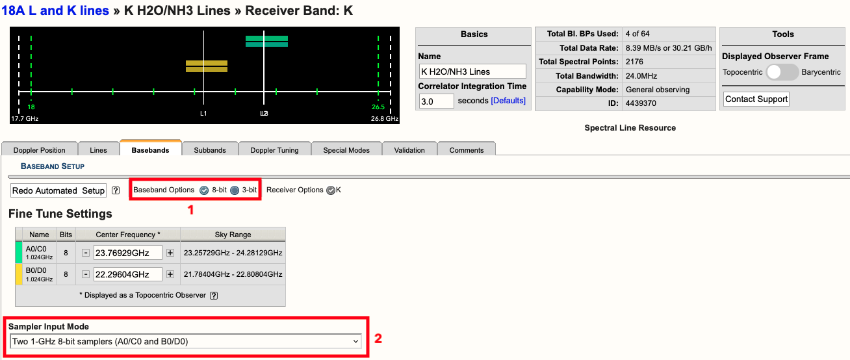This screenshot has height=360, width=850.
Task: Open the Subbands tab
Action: pos(209,150)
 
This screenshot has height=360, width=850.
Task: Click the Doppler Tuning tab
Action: pos(274,150)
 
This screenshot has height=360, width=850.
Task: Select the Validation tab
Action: pos(409,150)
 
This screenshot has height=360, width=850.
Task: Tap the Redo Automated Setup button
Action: pos(58,190)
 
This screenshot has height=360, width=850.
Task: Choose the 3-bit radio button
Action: pos(235,190)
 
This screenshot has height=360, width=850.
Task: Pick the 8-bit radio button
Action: pos(204,190)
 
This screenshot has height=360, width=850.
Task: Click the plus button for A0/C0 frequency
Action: pos(170,253)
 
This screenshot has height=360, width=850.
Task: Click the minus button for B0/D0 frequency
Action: pos(86,274)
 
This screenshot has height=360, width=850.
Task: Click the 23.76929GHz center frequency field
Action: pos(127,253)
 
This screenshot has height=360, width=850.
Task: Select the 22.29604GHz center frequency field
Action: pos(127,274)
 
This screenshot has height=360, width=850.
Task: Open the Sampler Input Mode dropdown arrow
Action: pos(355,341)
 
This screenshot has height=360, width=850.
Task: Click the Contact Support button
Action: pos(756,99)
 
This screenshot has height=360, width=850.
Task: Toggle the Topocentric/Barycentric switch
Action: pos(782,71)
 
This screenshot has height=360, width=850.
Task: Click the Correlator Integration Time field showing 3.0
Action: pos(437,101)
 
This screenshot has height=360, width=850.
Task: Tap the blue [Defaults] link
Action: pos(508,101)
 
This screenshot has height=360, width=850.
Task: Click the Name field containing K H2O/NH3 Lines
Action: pos(472,71)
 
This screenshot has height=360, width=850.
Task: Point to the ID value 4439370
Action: pos(641,103)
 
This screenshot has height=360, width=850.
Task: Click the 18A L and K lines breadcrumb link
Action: pos(55,10)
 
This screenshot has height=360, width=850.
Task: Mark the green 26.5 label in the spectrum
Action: pos(378,107)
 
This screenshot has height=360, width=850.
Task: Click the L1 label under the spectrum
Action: pos(203,114)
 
